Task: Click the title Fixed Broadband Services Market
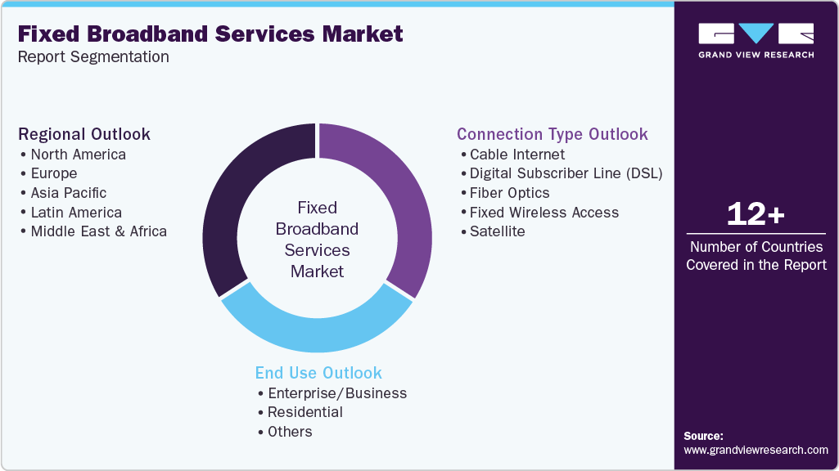pos(210,34)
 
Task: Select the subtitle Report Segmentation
pos(93,57)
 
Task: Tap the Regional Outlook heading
pos(84,134)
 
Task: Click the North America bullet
pos(78,155)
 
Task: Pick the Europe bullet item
pos(53,173)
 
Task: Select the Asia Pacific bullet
pos(68,193)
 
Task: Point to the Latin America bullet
pos(75,213)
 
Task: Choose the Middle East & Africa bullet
pos(98,231)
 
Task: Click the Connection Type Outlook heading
pos(553,134)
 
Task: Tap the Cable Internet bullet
pos(517,155)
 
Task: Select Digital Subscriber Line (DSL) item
pos(566,173)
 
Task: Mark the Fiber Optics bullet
pos(509,193)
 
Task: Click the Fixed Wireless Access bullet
pos(544,213)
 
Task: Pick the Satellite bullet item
pos(497,231)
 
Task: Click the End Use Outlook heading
pos(318,373)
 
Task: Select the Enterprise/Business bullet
pos(337,393)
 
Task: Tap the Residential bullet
pos(304,412)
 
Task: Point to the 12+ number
pos(756,215)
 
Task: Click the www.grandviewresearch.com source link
pos(756,450)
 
